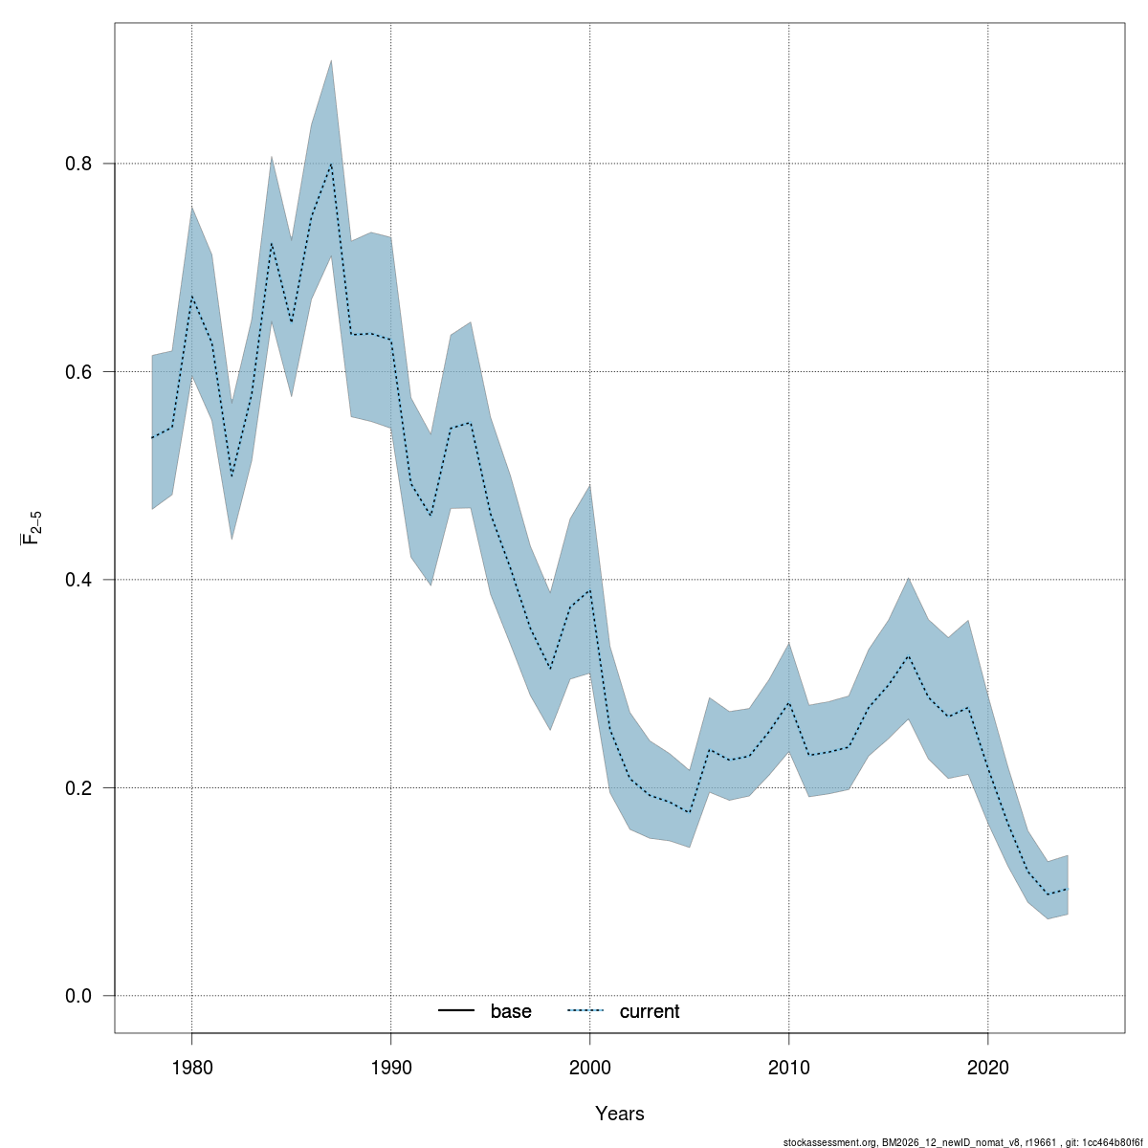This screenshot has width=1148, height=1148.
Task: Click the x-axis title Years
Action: (620, 1114)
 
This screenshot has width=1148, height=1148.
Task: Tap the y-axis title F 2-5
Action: (32, 528)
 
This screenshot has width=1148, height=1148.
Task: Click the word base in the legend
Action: (511, 1012)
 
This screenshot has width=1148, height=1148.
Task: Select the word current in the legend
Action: (650, 1012)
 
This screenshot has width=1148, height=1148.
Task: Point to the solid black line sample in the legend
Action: (457, 1011)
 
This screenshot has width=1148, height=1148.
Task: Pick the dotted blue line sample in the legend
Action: (585, 1011)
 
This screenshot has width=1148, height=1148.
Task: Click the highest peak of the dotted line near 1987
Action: (331, 163)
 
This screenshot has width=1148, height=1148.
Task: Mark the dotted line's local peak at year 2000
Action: (589, 590)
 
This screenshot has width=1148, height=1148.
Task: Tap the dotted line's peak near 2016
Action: (908, 656)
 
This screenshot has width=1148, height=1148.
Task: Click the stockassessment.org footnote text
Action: (963, 1142)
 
